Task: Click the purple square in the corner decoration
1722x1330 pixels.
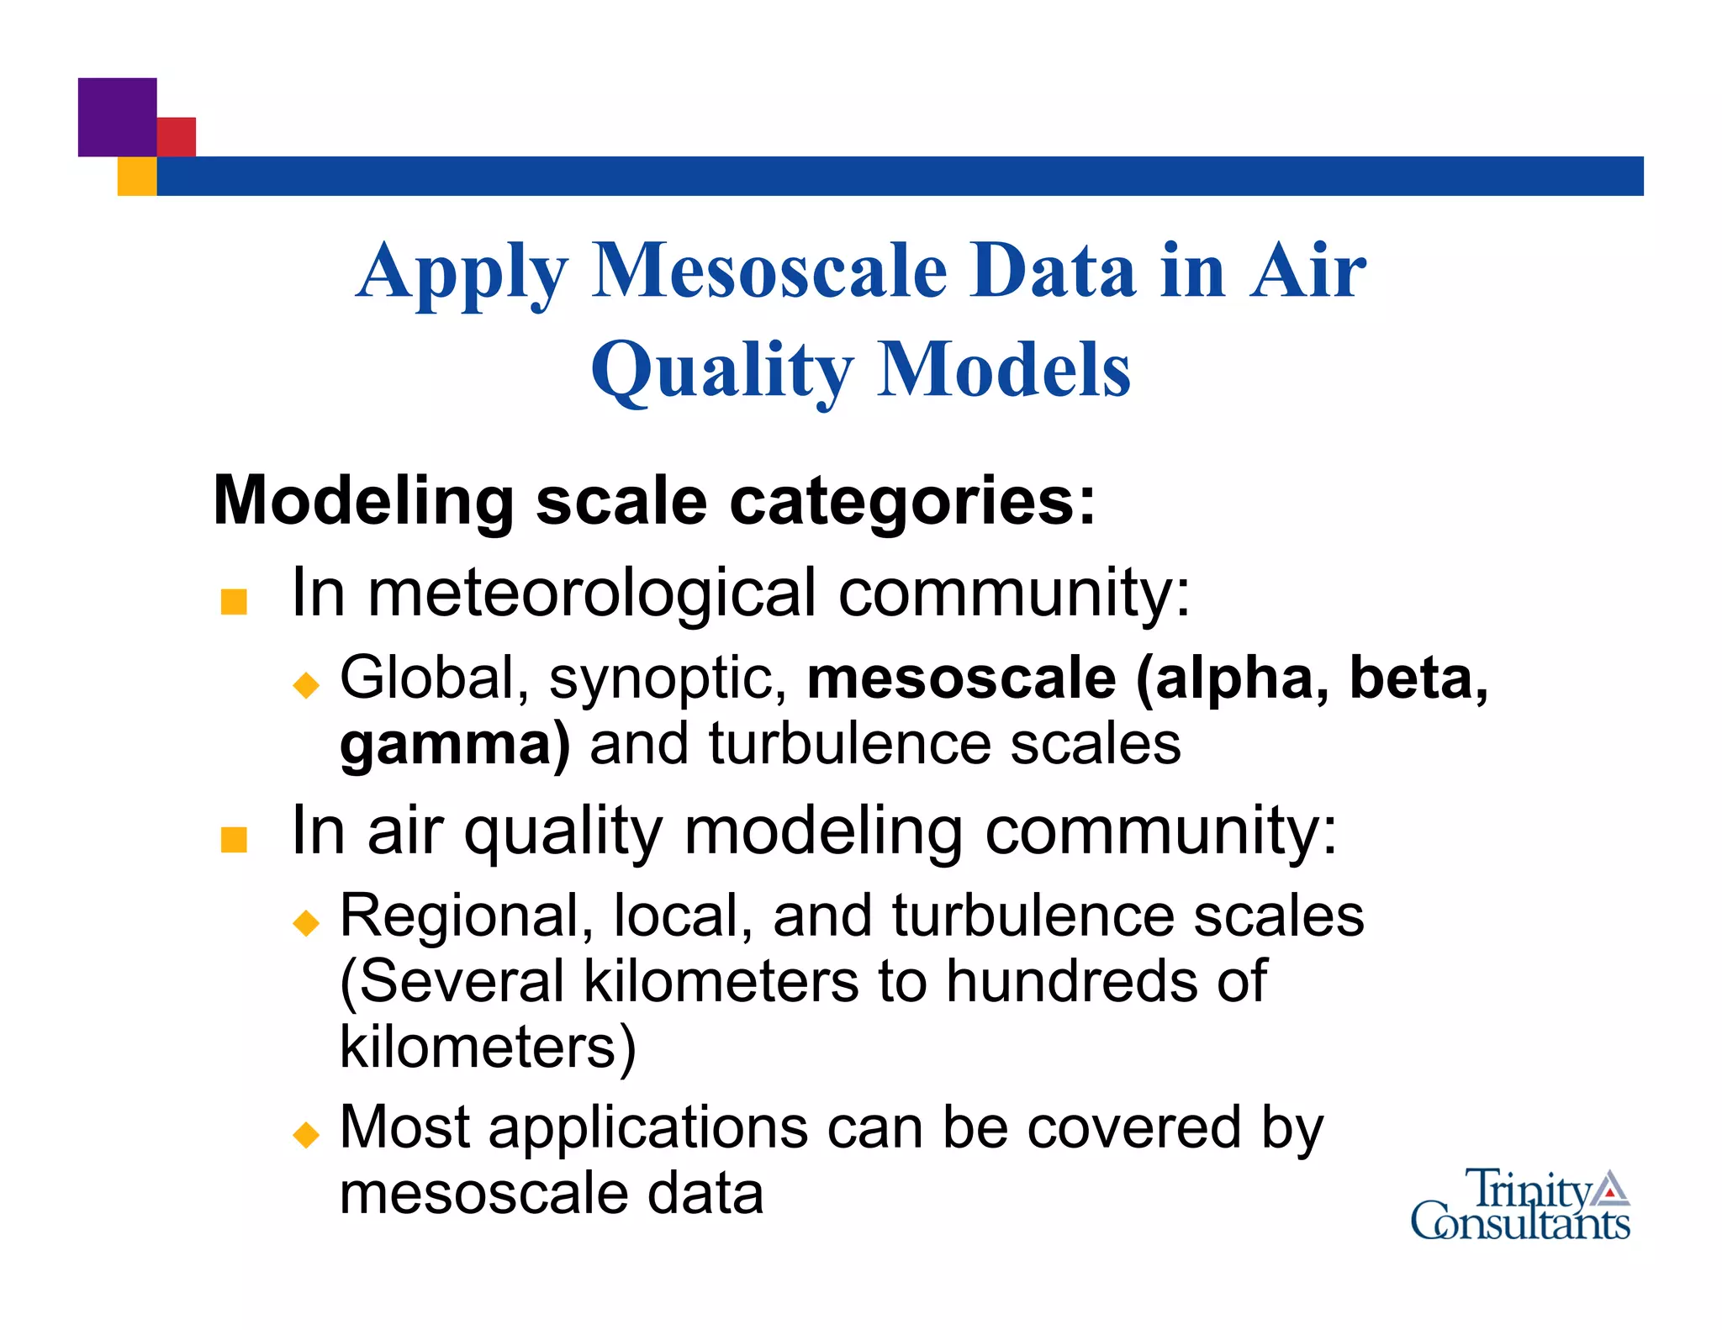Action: (117, 117)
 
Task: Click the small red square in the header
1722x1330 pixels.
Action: (177, 136)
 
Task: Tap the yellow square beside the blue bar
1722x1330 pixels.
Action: (137, 177)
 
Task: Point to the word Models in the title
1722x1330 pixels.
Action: (1004, 371)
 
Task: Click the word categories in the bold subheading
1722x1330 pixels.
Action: (912, 501)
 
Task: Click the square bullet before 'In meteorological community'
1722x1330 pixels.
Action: (234, 602)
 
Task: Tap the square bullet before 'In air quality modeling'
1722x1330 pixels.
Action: (234, 840)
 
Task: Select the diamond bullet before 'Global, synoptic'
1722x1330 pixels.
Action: (306, 684)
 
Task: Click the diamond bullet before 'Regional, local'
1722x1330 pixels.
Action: (306, 923)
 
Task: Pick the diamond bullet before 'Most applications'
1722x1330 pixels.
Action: (306, 1135)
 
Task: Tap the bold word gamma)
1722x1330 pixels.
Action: (454, 745)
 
